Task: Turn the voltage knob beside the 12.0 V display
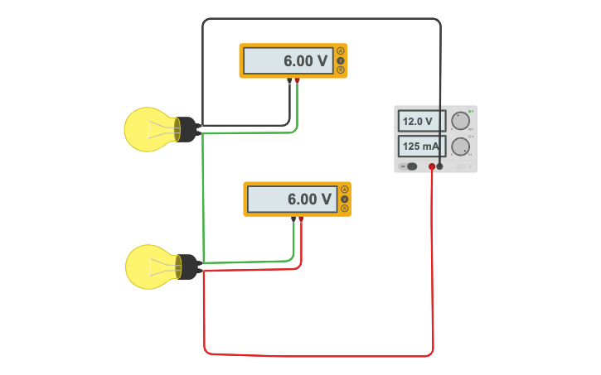(x=460, y=121)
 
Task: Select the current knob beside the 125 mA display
(x=460, y=147)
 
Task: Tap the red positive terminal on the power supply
(x=432, y=166)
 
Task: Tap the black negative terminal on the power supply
(x=440, y=166)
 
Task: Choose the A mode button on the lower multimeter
(x=344, y=190)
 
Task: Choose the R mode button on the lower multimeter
(x=344, y=208)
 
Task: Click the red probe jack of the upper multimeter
(x=298, y=80)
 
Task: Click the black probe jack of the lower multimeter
(x=294, y=219)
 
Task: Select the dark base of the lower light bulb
(x=187, y=267)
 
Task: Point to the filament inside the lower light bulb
(x=164, y=267)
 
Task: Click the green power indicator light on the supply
(x=470, y=111)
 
